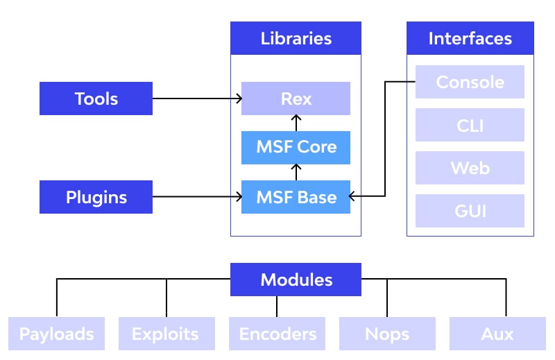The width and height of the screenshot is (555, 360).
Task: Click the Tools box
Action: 96,98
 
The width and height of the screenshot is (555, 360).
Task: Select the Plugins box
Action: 96,197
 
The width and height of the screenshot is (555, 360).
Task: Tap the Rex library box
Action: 296,98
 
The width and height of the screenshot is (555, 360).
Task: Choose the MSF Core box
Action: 296,148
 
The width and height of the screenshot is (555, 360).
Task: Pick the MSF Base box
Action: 296,197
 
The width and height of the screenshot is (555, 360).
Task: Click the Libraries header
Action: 296,38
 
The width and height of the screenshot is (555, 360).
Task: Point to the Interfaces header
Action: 470,38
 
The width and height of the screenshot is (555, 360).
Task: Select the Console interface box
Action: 470,82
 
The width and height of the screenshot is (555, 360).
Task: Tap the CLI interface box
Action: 470,125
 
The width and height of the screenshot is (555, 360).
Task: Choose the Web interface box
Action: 470,168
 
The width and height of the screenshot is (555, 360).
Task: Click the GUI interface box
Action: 470,211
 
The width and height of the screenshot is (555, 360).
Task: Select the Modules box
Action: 296,280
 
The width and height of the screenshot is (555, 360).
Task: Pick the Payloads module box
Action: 56,334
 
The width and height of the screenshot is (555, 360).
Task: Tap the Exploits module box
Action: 166,334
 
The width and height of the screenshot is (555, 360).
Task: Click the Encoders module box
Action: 277,334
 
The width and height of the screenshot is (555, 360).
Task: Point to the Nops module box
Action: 387,334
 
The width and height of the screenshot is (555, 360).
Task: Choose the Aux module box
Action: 497,334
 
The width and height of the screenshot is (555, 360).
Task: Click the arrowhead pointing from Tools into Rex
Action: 239,98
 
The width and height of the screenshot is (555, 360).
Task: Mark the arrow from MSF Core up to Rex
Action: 296,123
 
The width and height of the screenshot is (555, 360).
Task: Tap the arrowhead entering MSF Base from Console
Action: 352,196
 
